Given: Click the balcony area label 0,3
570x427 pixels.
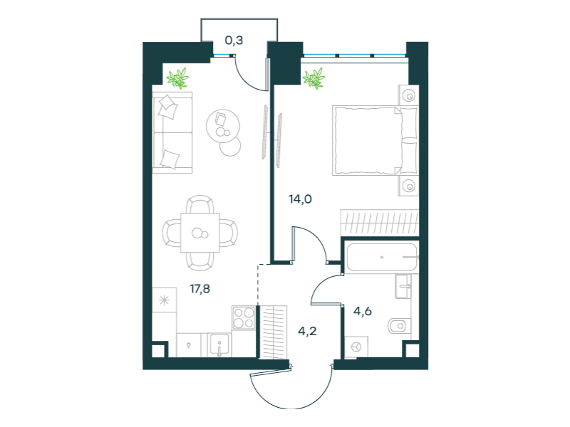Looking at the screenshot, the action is click(234, 41).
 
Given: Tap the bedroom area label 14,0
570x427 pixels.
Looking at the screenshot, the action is click(300, 199).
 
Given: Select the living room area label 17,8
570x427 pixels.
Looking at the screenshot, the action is click(200, 289).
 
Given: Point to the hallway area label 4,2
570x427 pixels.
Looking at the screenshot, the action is click(307, 331).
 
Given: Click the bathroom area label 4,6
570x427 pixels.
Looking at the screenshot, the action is click(363, 311).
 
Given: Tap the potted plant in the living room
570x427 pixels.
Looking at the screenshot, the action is click(177, 78).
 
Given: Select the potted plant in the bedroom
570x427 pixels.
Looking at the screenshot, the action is click(313, 78).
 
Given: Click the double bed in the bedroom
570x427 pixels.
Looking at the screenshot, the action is click(375, 140).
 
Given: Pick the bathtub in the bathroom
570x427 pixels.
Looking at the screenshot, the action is click(381, 257).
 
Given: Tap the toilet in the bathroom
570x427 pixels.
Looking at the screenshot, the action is click(399, 326).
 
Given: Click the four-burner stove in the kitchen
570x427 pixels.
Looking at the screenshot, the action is click(244, 317).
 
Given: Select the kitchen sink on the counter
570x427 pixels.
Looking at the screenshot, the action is click(219, 345).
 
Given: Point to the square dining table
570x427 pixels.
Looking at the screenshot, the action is click(200, 233).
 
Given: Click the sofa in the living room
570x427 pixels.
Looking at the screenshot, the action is click(172, 132).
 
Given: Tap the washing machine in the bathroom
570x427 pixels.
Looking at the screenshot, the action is click(356, 347).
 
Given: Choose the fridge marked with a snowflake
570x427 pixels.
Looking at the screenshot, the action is click(165, 300).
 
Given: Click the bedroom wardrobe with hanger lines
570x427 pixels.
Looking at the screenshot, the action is click(380, 222).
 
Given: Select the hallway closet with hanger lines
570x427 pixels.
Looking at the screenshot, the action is click(274, 332).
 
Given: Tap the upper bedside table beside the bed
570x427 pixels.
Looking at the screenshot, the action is click(408, 95).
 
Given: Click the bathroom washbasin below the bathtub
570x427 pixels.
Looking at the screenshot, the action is click(403, 286).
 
